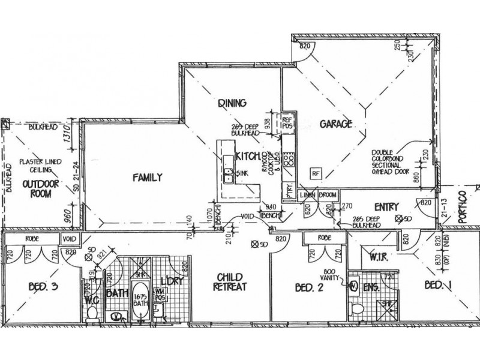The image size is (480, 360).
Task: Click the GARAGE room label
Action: click(335, 124)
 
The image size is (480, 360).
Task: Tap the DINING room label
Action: click(232, 103)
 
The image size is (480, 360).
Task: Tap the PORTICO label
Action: click(463, 206)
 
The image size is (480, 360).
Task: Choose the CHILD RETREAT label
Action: click(229, 282)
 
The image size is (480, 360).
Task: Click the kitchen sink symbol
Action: click(229, 175)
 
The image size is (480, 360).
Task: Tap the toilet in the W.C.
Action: click(91, 314)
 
